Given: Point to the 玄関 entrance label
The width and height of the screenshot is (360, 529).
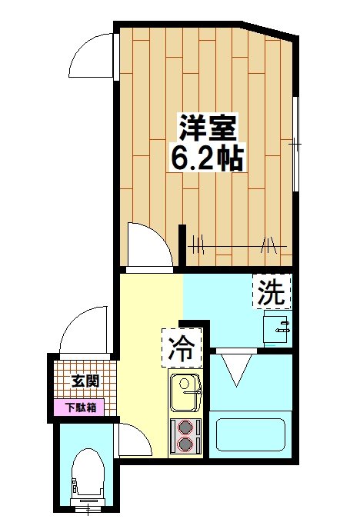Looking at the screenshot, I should point(85,380).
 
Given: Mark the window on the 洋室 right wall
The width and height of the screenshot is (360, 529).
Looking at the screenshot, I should point(296,143).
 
